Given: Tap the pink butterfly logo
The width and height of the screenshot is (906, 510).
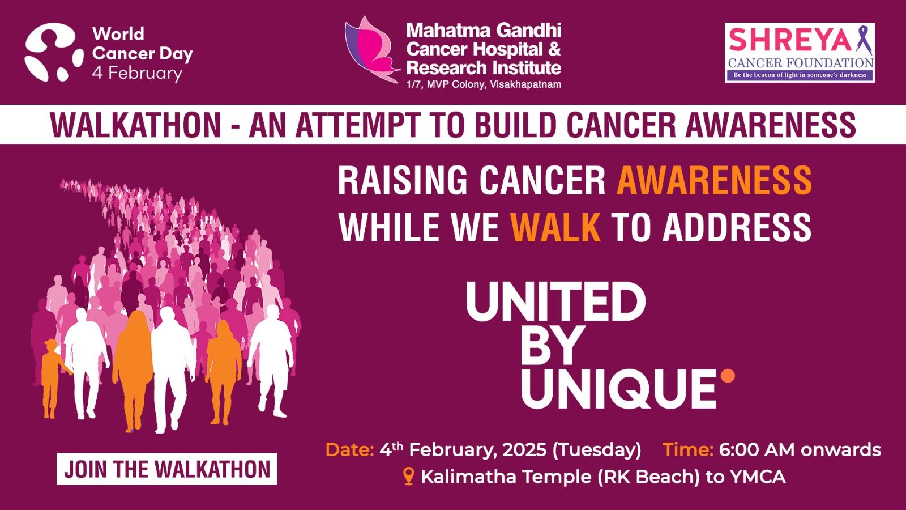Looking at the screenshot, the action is pos(371,49).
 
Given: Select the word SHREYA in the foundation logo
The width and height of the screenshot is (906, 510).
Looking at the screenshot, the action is pos(790,40).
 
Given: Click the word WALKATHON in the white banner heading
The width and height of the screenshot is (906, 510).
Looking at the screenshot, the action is pos(135,125).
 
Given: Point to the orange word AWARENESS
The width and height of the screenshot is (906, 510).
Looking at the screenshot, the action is pos(714,180).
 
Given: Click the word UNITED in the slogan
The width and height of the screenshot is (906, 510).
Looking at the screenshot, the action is pos(555,302).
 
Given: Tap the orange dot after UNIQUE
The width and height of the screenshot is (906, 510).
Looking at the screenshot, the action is pos(728,376).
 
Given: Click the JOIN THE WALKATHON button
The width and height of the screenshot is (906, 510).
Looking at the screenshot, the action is pos(166,469).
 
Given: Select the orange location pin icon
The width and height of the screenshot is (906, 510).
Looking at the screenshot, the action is pos(409,477).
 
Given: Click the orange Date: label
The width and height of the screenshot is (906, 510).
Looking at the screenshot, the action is pos(350,450).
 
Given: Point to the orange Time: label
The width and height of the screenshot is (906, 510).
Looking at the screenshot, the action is pos(687,450).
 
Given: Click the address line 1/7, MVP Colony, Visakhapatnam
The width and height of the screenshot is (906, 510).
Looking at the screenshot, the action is pos(484,84).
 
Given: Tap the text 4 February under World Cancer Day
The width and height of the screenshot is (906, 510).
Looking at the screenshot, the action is pos(137,74).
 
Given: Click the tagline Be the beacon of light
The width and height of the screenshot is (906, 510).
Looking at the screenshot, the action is pos(800,75).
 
